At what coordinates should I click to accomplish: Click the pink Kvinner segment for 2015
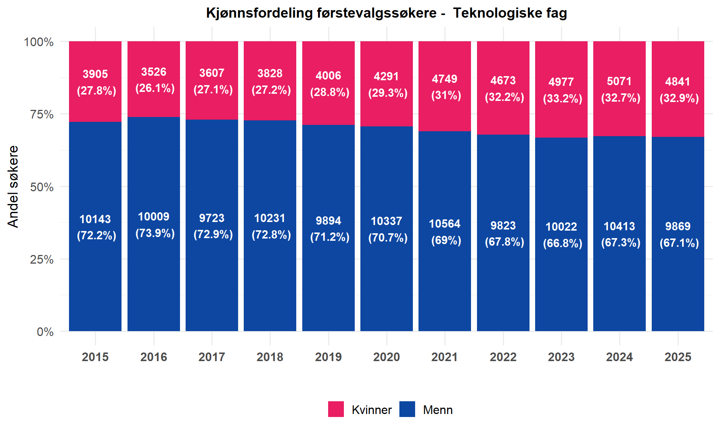click(x=95, y=81)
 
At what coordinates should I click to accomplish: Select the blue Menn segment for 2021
click(x=445, y=231)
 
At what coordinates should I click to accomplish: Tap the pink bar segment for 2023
click(x=561, y=89)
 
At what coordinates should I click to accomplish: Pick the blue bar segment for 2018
click(x=270, y=226)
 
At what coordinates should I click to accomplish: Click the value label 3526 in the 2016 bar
click(x=154, y=72)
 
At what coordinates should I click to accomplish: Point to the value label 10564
click(x=445, y=223)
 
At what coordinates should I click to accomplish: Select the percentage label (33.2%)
click(x=562, y=98)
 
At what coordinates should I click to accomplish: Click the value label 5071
click(x=619, y=81)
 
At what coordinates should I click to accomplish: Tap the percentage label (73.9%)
click(x=155, y=233)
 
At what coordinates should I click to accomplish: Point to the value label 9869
click(x=678, y=226)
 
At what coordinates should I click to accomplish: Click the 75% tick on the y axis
click(x=42, y=114)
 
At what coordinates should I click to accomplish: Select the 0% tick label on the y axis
click(x=45, y=332)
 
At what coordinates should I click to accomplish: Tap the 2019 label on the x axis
click(x=328, y=357)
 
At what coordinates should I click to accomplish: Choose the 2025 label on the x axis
click(x=678, y=357)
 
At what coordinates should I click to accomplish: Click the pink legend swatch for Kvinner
click(x=336, y=409)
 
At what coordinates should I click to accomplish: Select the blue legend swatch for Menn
click(x=407, y=409)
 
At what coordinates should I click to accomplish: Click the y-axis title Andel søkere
click(x=13, y=186)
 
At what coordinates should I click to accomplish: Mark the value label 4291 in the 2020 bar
click(x=387, y=76)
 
